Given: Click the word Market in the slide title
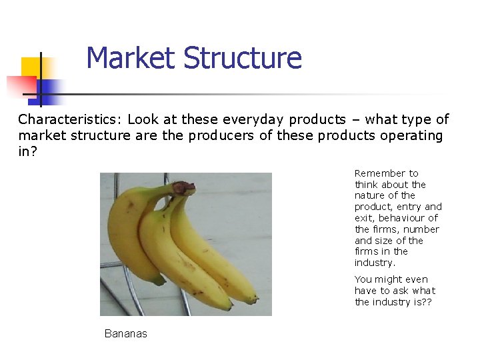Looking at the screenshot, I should [131, 58].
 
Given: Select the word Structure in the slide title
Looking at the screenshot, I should [242, 58].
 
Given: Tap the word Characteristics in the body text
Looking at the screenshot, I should [69, 120].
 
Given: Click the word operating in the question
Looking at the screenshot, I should [411, 135].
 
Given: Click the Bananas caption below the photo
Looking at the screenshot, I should [125, 333].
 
